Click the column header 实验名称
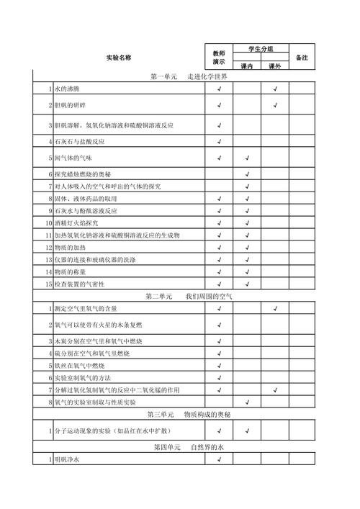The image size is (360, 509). (119, 57)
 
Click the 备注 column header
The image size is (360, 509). (302, 57)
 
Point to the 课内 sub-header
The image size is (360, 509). (246, 66)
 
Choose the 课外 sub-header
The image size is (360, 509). (274, 66)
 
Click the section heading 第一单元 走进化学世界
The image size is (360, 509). (189, 77)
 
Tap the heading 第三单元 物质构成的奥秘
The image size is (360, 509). (189, 415)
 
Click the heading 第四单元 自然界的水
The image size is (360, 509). (189, 447)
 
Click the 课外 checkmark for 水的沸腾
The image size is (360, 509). (275, 89)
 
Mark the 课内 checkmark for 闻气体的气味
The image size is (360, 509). (246, 158)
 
